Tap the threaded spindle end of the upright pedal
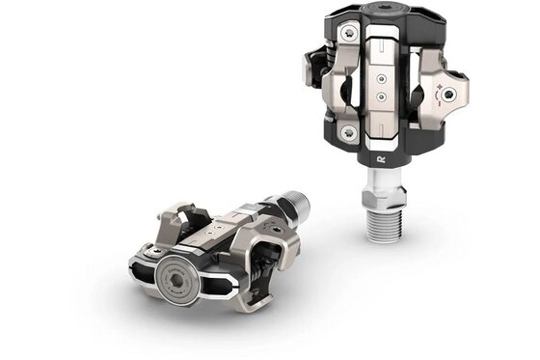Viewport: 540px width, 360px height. pos(389,224)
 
